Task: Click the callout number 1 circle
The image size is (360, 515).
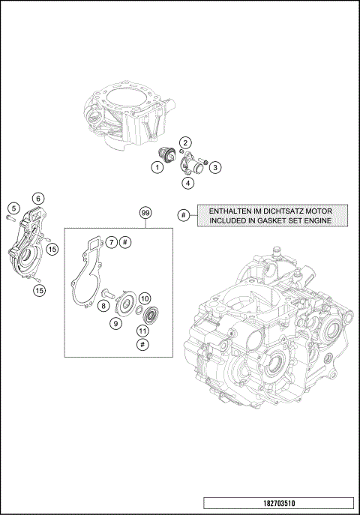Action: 157,168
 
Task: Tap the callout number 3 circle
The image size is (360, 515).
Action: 214,167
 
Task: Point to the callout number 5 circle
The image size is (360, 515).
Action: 13,207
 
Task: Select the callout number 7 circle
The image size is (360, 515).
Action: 110,241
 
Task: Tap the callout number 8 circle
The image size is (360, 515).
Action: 102,306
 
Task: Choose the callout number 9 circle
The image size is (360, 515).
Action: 116,323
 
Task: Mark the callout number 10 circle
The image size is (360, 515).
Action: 145,298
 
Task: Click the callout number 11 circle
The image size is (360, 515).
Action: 142,331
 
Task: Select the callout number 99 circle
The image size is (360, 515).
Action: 145,213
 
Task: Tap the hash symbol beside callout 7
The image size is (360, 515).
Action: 125,241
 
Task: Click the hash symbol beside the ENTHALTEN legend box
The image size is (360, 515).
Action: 183,215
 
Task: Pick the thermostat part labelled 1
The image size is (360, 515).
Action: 166,155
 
